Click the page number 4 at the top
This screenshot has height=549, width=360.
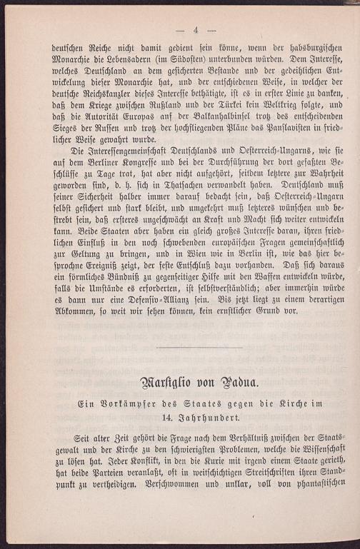coord(195,29)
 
